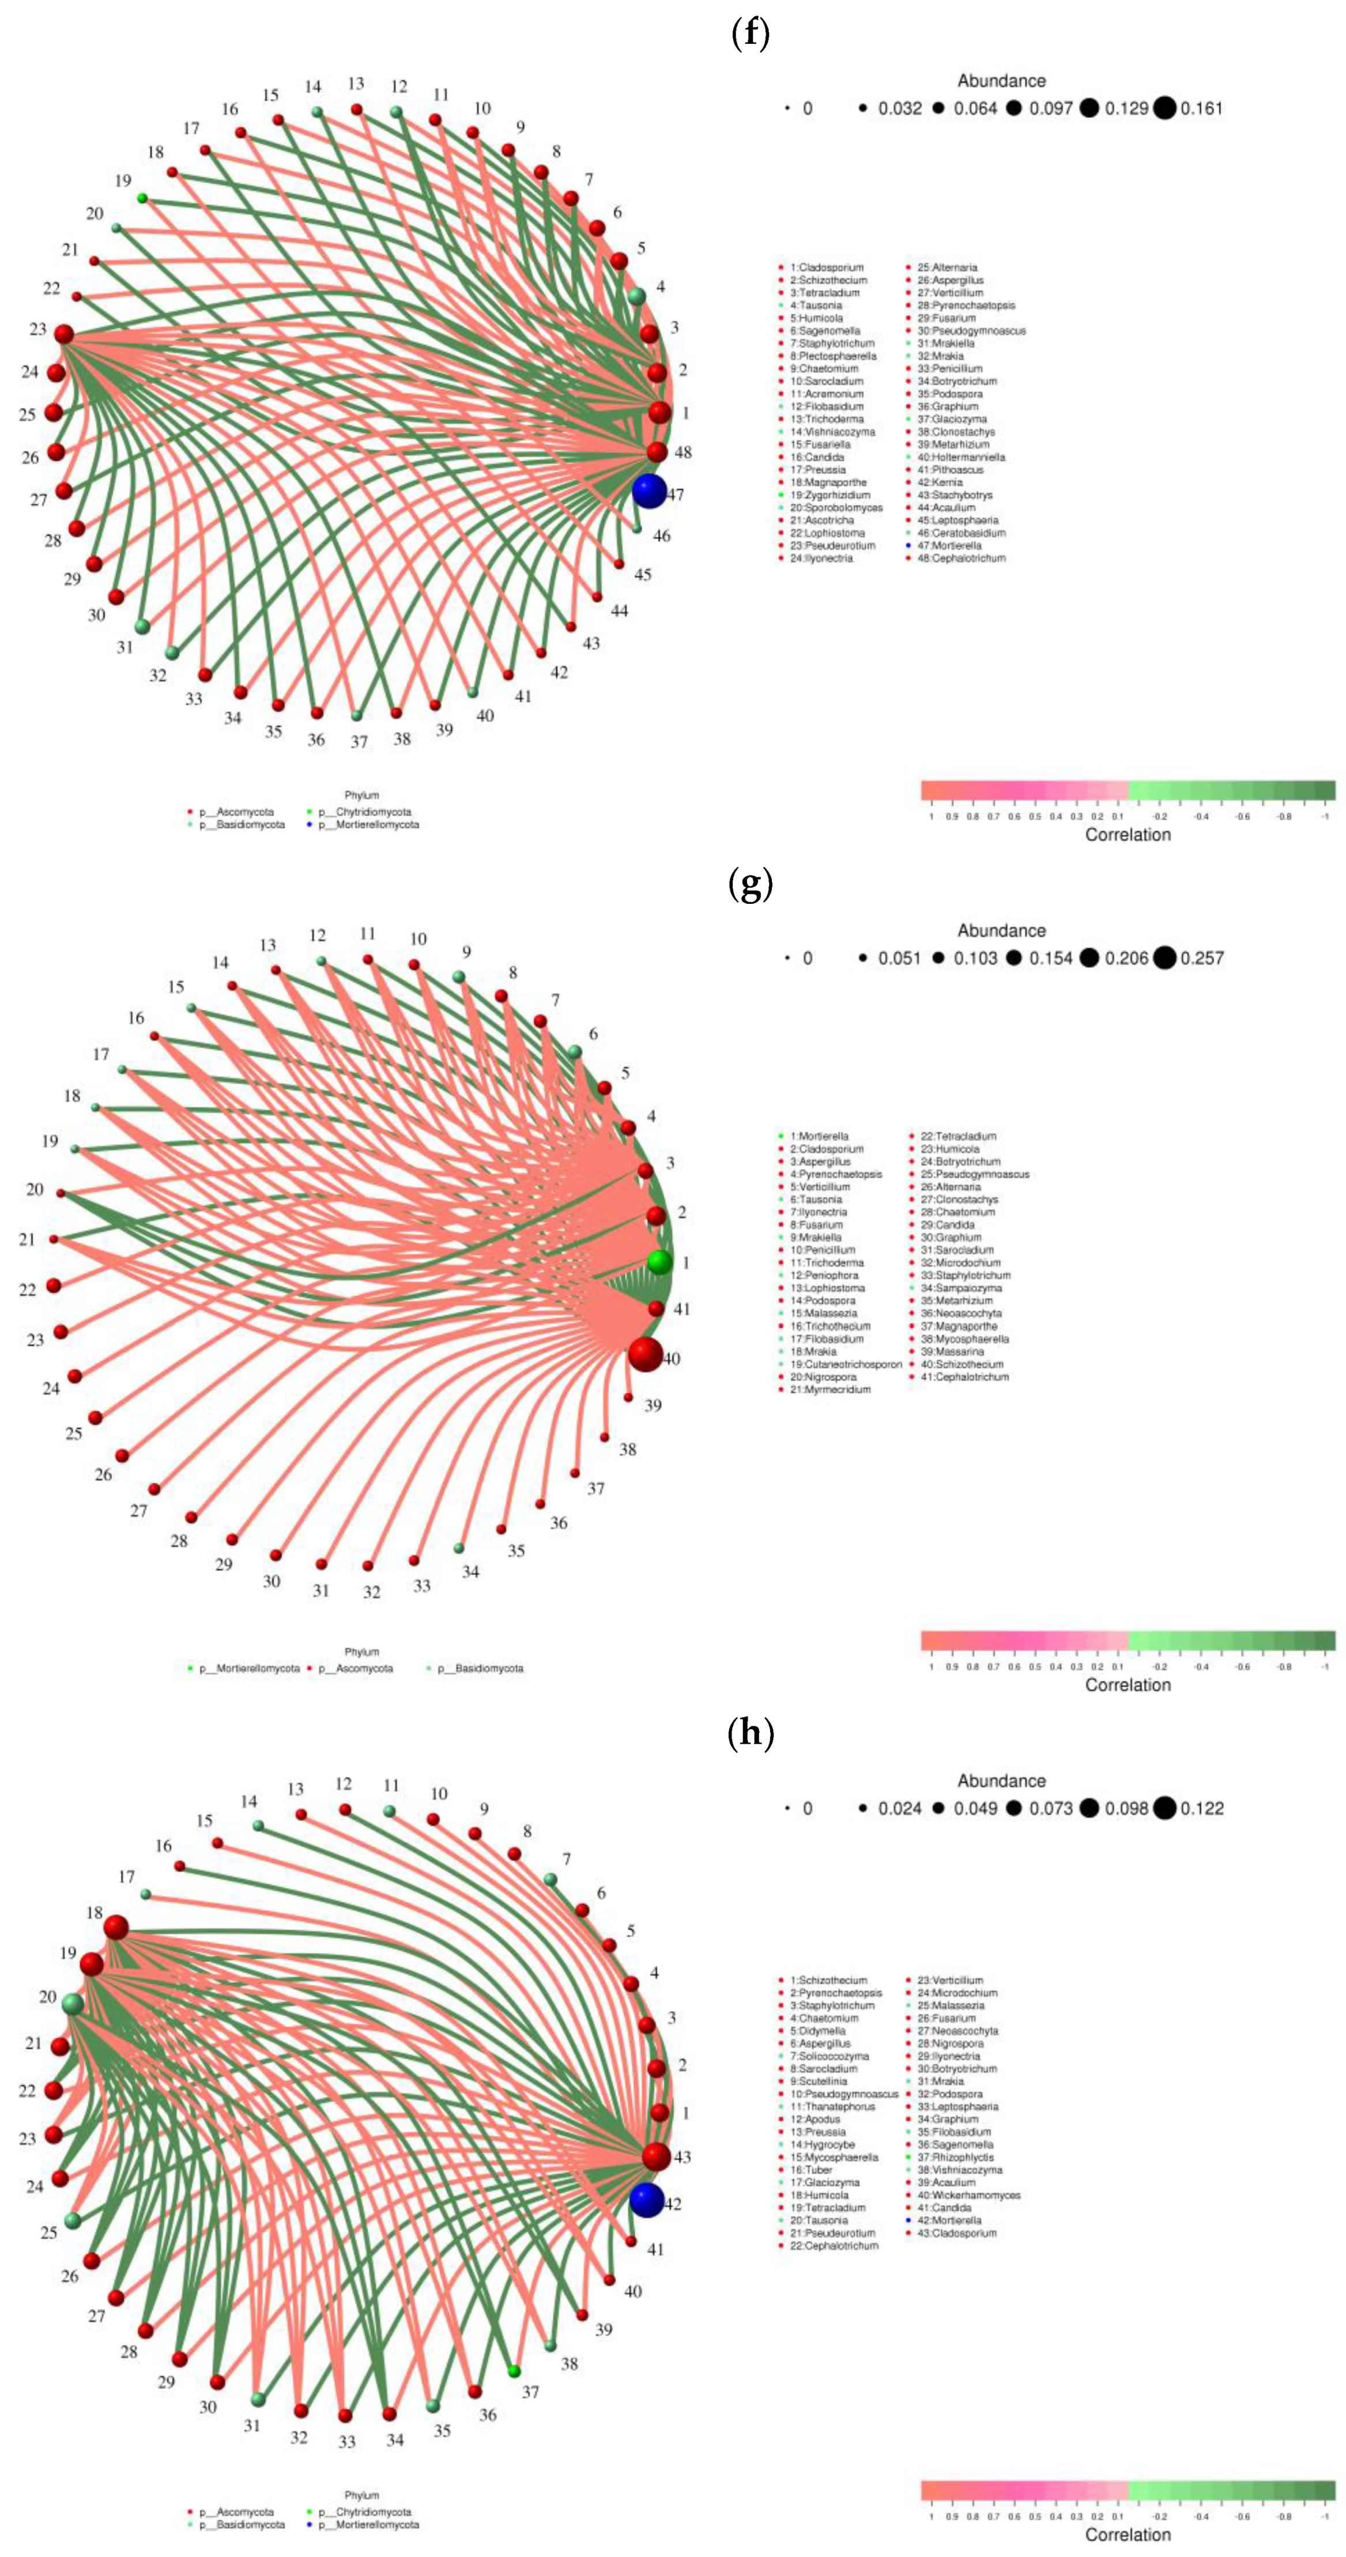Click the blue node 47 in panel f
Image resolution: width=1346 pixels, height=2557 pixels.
(648, 491)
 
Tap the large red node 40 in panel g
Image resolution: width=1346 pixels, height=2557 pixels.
(645, 1354)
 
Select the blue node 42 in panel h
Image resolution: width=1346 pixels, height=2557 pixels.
(646, 2200)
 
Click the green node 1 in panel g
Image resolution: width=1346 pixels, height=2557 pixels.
(659, 1262)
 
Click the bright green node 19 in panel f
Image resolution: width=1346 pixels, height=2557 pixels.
(142, 198)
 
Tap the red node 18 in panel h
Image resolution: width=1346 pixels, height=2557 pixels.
(116, 1926)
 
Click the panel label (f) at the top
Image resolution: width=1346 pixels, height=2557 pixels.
(749, 34)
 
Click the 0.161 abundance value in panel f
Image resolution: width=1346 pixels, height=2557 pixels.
(1201, 108)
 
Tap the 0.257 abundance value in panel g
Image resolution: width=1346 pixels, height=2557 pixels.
(1201, 958)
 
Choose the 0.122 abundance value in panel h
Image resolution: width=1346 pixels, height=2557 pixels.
(1201, 1808)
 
